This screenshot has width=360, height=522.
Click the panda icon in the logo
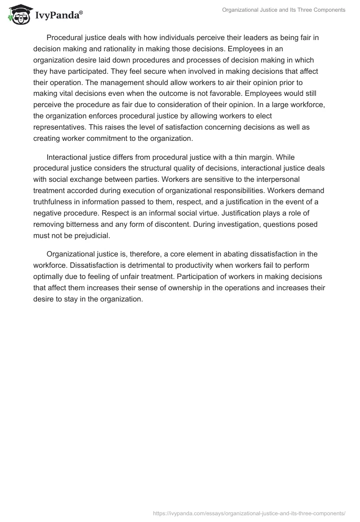pyautogui.click(x=18, y=14)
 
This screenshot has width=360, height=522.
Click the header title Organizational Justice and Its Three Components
pyautogui.click(x=283, y=10)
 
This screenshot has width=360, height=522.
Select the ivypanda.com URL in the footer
pyautogui.click(x=249, y=513)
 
